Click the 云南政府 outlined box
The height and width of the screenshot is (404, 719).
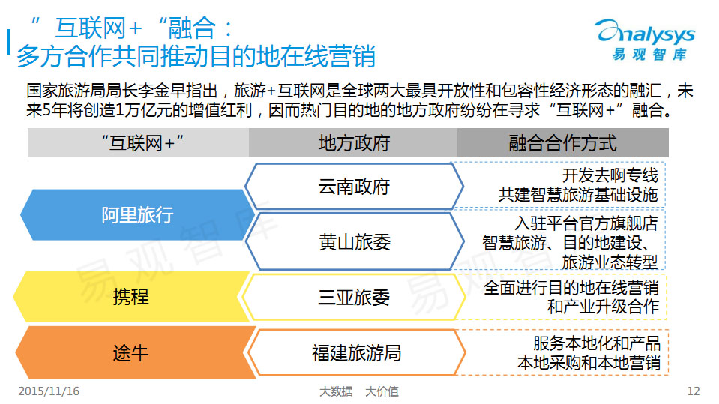tap(354, 187)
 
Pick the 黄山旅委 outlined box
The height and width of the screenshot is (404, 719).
tap(355, 241)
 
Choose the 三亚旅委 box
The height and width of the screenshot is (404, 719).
tap(354, 297)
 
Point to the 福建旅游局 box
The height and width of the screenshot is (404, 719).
tap(356, 352)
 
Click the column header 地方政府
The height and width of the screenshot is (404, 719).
tap(354, 143)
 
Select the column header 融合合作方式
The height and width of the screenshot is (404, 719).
tap(562, 143)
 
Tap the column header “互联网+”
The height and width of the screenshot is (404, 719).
tap(142, 143)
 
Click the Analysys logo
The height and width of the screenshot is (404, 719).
tap(646, 40)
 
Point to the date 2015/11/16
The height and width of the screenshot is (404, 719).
tap(49, 391)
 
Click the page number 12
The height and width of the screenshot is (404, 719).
tap(694, 391)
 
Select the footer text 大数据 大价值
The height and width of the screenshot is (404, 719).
tap(359, 391)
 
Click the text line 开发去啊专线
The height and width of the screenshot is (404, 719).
tap(610, 175)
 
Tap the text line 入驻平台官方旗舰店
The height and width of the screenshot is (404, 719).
tap(586, 223)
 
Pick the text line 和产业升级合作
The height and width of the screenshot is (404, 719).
tap(603, 307)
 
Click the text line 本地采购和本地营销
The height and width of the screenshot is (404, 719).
tap(589, 363)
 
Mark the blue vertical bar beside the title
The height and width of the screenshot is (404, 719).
tap(9, 42)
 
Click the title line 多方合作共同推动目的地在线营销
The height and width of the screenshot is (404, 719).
tap(196, 56)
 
